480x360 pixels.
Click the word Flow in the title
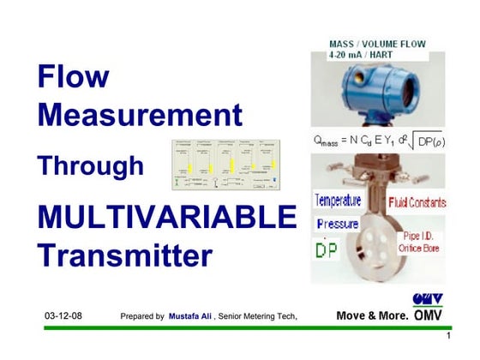coord(74,78)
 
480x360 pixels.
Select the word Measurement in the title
coord(140,115)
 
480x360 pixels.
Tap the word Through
coord(90,165)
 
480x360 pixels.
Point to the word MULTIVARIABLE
coord(166,217)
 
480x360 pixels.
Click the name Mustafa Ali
coord(191,316)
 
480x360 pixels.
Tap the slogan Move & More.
coord(372,315)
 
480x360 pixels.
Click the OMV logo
coord(428,308)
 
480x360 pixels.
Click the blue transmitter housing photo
coord(375,92)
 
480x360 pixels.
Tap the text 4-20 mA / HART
coord(359,54)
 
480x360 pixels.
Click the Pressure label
coord(337,225)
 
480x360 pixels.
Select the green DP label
coord(327,249)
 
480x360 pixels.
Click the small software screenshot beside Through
coord(227,164)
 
